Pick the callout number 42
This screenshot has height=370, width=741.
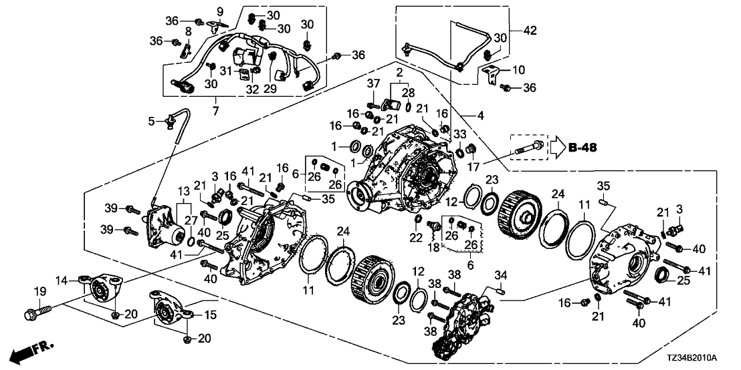click(530, 30)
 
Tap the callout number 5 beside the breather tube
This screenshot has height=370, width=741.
click(150, 121)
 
